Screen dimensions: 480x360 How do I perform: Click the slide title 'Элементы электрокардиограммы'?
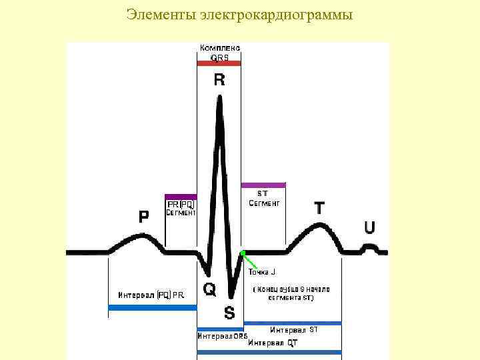(239, 14)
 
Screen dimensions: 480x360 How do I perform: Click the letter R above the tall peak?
(219, 81)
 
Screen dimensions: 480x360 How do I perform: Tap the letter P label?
(144, 217)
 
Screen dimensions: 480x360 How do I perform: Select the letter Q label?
(209, 289)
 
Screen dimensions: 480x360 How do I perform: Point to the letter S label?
(229, 312)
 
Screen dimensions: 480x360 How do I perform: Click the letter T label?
(320, 208)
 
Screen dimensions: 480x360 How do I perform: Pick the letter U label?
(369, 228)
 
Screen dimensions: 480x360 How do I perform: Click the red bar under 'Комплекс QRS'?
(219, 64)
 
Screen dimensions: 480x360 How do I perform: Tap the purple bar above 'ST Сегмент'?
(263, 185)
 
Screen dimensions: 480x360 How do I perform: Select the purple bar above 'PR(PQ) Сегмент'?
(181, 197)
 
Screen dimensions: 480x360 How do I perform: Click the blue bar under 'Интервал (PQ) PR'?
(153, 307)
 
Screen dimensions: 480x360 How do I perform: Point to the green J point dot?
(243, 253)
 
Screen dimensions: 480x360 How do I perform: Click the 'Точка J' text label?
(262, 272)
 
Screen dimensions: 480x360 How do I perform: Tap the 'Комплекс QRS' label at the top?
(220, 53)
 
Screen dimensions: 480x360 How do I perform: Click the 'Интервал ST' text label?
(294, 330)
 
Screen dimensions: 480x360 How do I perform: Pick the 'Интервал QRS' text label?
(222, 336)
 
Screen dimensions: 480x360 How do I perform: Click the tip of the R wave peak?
(219, 97)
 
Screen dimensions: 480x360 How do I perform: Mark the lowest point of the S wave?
(231, 296)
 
